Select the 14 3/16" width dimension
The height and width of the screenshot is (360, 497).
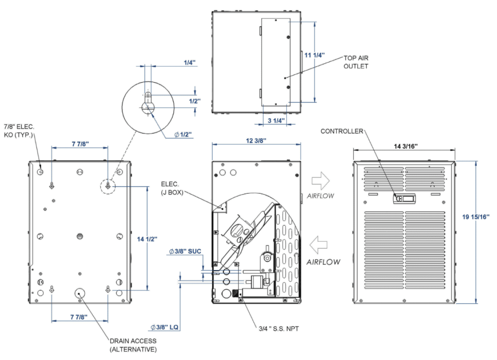pos(404,145)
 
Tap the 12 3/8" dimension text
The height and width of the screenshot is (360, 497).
pos(255,140)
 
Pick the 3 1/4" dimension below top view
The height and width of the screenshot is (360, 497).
pos(276,120)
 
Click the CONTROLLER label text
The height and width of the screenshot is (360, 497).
pos(342,131)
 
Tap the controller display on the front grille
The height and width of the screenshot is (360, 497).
pos(404,198)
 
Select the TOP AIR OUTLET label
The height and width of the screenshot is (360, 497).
pos(356,62)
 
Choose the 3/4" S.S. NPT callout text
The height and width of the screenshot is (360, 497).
pos(279,329)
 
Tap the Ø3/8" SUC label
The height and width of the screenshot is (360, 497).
pos(184,251)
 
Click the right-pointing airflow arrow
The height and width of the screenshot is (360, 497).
pos(320,181)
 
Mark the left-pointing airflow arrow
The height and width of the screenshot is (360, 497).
pos(320,243)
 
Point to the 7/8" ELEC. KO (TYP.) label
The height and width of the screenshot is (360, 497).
pos(19,131)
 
